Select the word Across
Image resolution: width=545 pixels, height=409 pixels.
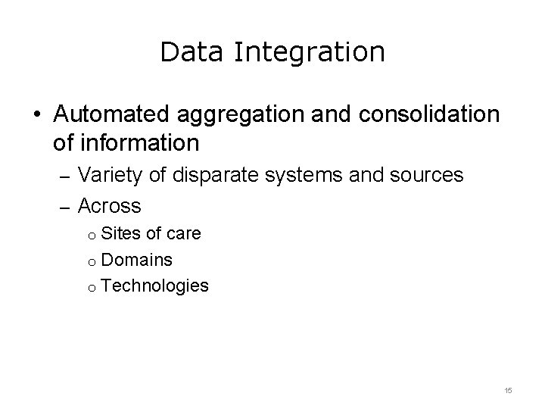click(110, 204)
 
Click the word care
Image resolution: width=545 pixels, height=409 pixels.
click(185, 233)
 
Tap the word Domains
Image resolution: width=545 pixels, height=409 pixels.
click(136, 260)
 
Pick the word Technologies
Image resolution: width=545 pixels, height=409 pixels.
click(154, 286)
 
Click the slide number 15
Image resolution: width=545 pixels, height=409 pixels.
click(508, 390)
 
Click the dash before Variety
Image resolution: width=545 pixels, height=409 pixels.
click(64, 177)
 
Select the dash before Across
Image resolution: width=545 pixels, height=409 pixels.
click(64, 206)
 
